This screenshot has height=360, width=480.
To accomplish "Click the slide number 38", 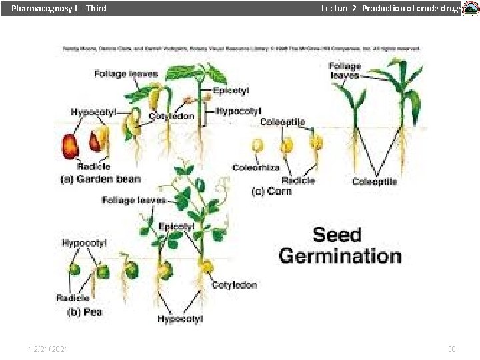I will pyautogui.click(x=451, y=349).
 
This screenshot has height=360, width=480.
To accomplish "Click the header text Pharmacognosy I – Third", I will pyautogui.click(x=59, y=9).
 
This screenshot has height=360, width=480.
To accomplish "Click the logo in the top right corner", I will pyautogui.click(x=470, y=9).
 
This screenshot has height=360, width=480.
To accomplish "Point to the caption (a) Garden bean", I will pyautogui.click(x=101, y=179).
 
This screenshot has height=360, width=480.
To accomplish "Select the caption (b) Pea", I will pyautogui.click(x=84, y=311).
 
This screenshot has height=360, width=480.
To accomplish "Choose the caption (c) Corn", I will pyautogui.click(x=271, y=191).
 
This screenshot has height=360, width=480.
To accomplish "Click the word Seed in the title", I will pyautogui.click(x=337, y=235).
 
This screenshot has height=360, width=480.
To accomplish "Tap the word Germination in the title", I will pyautogui.click(x=340, y=255).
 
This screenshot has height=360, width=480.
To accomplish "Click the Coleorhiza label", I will pyautogui.click(x=256, y=167).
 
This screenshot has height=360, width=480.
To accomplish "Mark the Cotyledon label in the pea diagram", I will pyautogui.click(x=234, y=285).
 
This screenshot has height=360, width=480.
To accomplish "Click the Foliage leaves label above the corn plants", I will pyautogui.click(x=345, y=70).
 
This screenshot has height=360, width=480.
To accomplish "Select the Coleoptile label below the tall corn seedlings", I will pyautogui.click(x=375, y=181).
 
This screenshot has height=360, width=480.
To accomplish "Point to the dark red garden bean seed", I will pyautogui.click(x=71, y=145).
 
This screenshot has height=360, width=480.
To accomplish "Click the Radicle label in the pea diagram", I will pyautogui.click(x=73, y=298).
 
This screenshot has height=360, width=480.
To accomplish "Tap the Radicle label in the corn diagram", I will pyautogui.click(x=298, y=180).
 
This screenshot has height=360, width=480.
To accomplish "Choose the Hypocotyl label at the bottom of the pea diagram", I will pyautogui.click(x=180, y=319).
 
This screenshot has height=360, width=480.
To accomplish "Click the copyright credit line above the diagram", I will pyautogui.click(x=241, y=49).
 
